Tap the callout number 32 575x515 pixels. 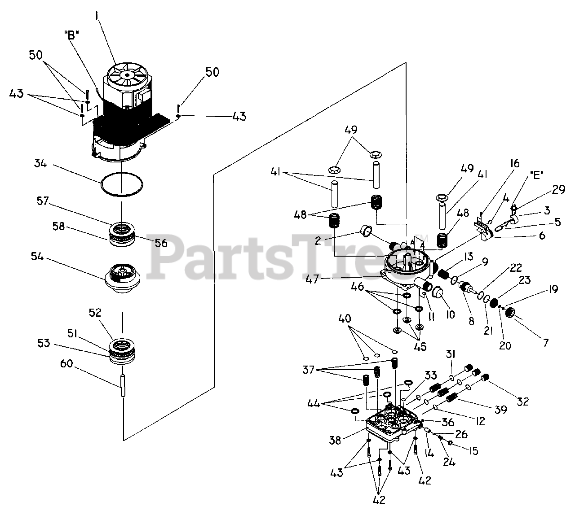tap(523, 401)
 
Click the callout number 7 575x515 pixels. tap(545, 343)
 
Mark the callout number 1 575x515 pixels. tap(97, 17)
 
